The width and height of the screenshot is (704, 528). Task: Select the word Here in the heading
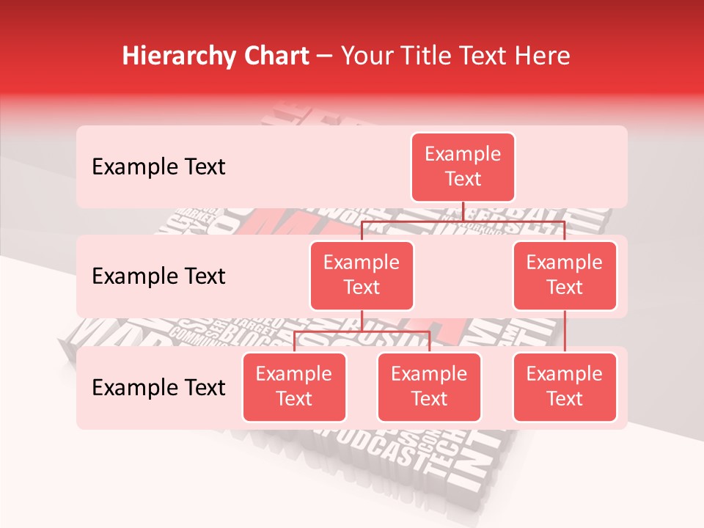point(542,56)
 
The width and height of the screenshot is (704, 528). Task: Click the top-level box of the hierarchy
point(463,166)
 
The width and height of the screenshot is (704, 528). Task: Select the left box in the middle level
point(362,275)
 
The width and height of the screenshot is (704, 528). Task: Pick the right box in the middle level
point(565,275)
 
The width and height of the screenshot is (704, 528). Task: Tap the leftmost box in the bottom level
point(294,386)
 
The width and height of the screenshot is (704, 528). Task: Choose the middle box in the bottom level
point(429,386)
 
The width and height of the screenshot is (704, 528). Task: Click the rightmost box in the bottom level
point(565,386)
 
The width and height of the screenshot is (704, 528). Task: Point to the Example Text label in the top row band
point(158,166)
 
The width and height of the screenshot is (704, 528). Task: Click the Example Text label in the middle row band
point(158,276)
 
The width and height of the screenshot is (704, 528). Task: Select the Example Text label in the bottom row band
point(158,387)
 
